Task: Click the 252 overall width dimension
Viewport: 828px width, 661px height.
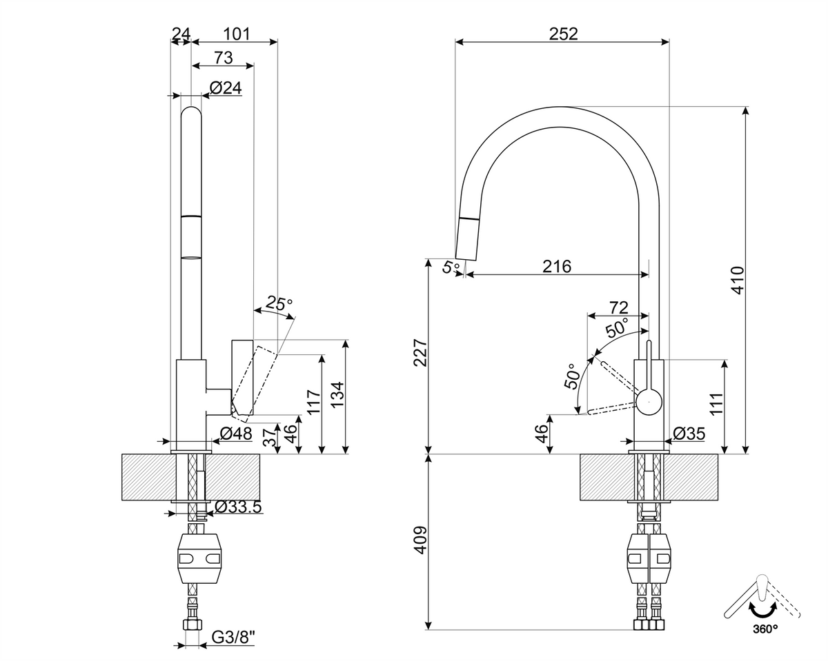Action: point(563,34)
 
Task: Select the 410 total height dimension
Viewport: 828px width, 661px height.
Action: point(738,281)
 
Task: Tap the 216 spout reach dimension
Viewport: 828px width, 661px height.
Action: point(557,266)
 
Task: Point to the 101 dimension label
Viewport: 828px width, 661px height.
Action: point(237,34)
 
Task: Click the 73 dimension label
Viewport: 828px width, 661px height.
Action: point(224,58)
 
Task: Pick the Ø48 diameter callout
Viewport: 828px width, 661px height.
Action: point(236,434)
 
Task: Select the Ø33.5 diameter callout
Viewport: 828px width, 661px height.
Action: point(239,507)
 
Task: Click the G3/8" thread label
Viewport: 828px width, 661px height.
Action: point(233,638)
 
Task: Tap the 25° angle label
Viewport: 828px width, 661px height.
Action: point(279,303)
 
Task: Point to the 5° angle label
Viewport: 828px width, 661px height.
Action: point(451,266)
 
